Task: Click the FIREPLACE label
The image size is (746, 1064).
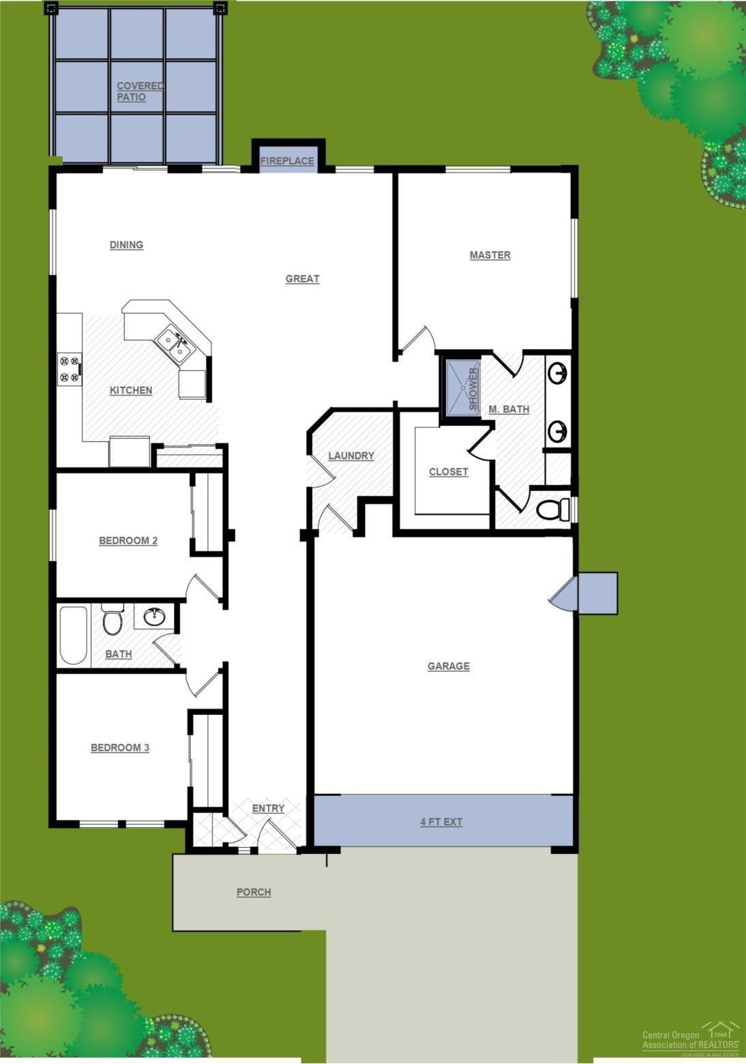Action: click(x=287, y=161)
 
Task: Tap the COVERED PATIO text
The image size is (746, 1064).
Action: click(x=140, y=91)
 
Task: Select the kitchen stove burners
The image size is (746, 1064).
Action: click(x=69, y=368)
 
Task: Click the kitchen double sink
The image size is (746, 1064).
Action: click(x=175, y=344)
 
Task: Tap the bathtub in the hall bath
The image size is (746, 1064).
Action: click(x=74, y=635)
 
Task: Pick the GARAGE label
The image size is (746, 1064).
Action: click(x=448, y=666)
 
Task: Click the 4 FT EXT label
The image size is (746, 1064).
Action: click(x=441, y=822)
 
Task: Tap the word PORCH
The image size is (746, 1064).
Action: click(x=254, y=892)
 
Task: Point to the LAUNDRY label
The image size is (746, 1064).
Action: click(x=351, y=456)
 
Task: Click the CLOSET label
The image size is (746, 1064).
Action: click(x=448, y=471)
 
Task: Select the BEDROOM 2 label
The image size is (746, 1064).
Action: click(x=128, y=541)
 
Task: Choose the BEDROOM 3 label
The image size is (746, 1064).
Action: click(x=120, y=748)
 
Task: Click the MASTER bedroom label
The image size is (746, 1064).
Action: click(x=490, y=255)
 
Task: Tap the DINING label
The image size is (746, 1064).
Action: click(x=126, y=245)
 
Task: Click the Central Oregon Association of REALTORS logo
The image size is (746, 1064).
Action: click(x=690, y=1038)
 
